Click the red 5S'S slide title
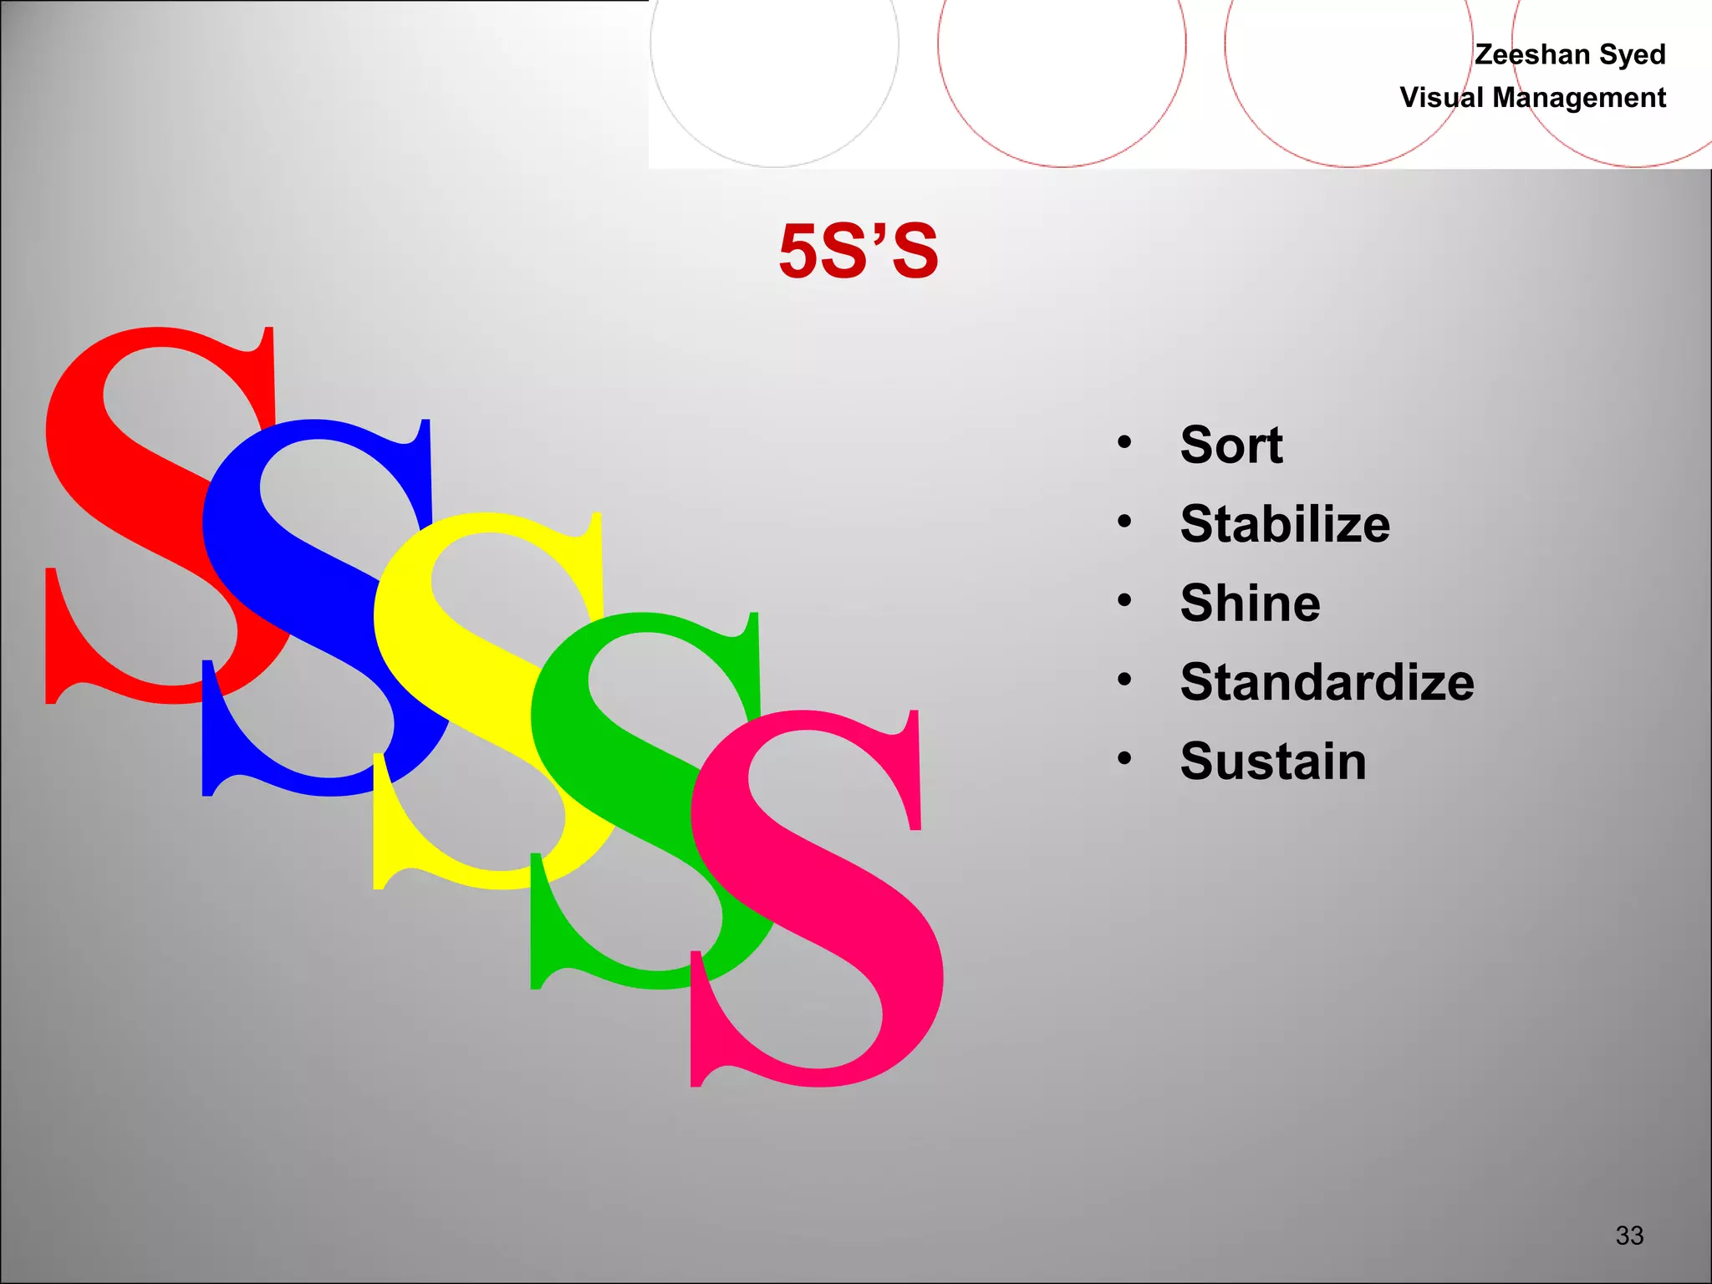[x=859, y=251]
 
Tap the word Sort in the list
[x=1230, y=445]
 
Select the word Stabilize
[x=1285, y=524]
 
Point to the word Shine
[x=1250, y=603]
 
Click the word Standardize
[x=1327, y=682]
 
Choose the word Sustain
[x=1272, y=762]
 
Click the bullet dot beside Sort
[x=1124, y=442]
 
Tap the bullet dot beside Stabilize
[x=1124, y=522]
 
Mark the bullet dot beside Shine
[x=1124, y=600]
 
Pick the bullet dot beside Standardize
[x=1124, y=680]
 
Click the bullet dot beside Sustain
[x=1124, y=758]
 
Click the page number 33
[x=1629, y=1235]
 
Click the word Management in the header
[x=1579, y=98]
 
